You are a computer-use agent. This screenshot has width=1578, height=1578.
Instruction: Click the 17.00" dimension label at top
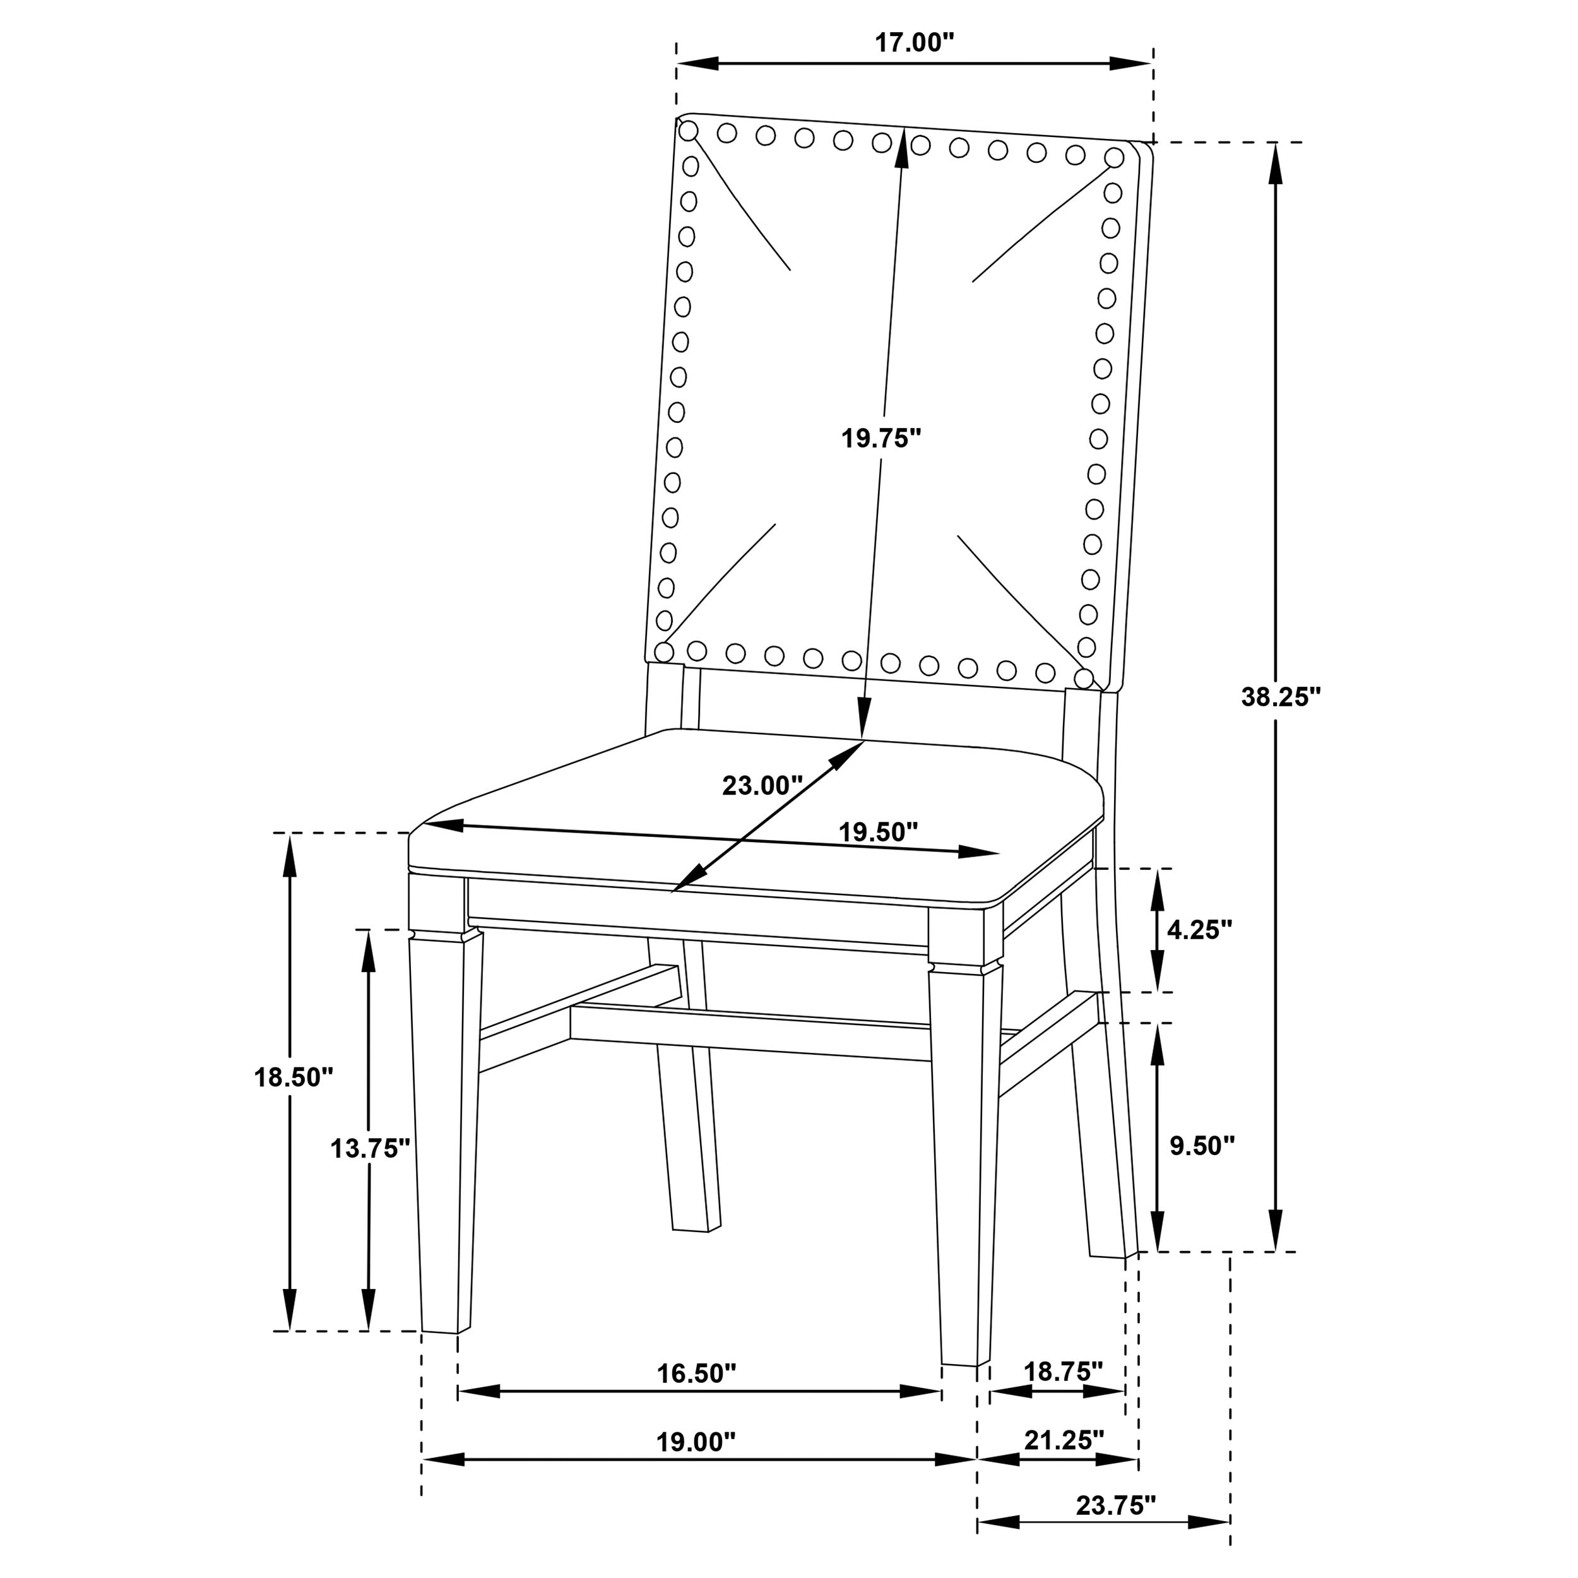coord(914,44)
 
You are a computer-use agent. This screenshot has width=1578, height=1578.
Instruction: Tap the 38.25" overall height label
coord(1281,697)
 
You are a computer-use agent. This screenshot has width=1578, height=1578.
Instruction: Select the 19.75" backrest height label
coord(881,439)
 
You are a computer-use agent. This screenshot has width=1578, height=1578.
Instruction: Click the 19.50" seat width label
coord(879,833)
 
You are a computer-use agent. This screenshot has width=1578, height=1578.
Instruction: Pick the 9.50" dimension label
coord(1201,1146)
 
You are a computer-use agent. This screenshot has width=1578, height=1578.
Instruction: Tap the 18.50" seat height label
coord(294,1077)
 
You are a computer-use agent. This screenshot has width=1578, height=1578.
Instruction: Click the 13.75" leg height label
coord(369,1148)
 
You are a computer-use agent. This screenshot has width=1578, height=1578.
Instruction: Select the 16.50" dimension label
coord(697,1374)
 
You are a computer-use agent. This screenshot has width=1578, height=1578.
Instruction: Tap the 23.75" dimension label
coord(1116,1505)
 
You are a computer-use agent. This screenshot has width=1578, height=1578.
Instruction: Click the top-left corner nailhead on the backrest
coord(689,131)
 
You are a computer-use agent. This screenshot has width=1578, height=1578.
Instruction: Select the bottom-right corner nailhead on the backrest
coord(1084,678)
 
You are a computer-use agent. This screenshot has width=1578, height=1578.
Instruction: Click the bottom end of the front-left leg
coord(440,1331)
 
